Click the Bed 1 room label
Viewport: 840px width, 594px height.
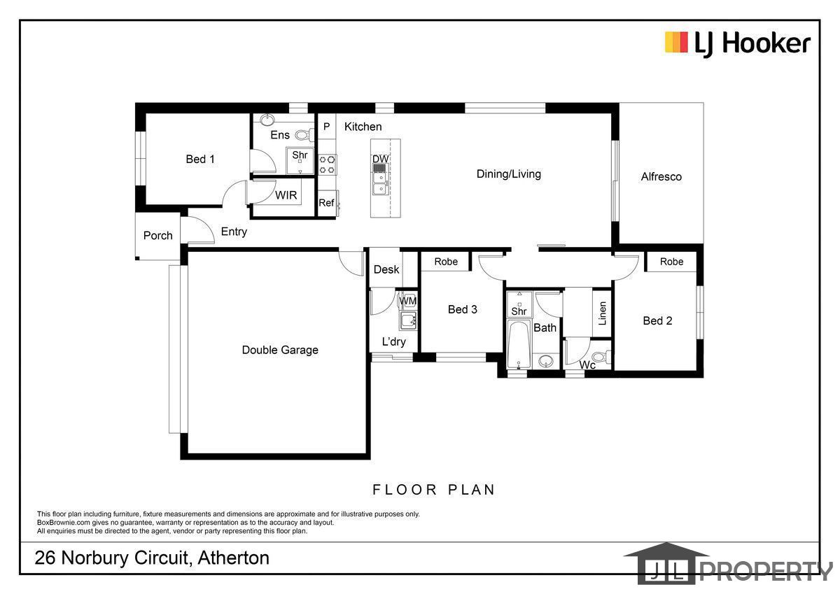[x=200, y=159]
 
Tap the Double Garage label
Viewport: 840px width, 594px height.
[x=280, y=350]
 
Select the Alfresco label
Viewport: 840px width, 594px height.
[x=661, y=176]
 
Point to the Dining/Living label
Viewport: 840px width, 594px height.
[x=508, y=174]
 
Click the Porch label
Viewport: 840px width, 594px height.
[x=158, y=235]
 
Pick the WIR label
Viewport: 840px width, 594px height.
[x=286, y=195]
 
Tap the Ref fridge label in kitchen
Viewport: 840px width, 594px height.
[x=326, y=203]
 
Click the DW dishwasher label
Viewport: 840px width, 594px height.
[x=380, y=159]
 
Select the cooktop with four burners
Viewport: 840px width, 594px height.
[x=327, y=165]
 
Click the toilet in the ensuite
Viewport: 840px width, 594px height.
[x=304, y=135]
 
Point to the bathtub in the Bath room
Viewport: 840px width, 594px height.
[x=519, y=344]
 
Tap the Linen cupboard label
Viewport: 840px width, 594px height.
[x=602, y=313]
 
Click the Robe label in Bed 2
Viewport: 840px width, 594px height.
[x=671, y=262]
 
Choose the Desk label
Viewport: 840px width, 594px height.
[x=386, y=269]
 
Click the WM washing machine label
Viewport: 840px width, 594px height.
[x=407, y=301]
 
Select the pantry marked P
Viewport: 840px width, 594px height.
[x=327, y=127]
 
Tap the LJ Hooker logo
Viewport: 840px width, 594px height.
[x=738, y=44]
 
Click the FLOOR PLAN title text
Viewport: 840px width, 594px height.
[x=433, y=490]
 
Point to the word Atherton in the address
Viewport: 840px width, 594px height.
[x=234, y=558]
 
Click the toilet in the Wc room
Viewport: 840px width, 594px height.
[x=601, y=356]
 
